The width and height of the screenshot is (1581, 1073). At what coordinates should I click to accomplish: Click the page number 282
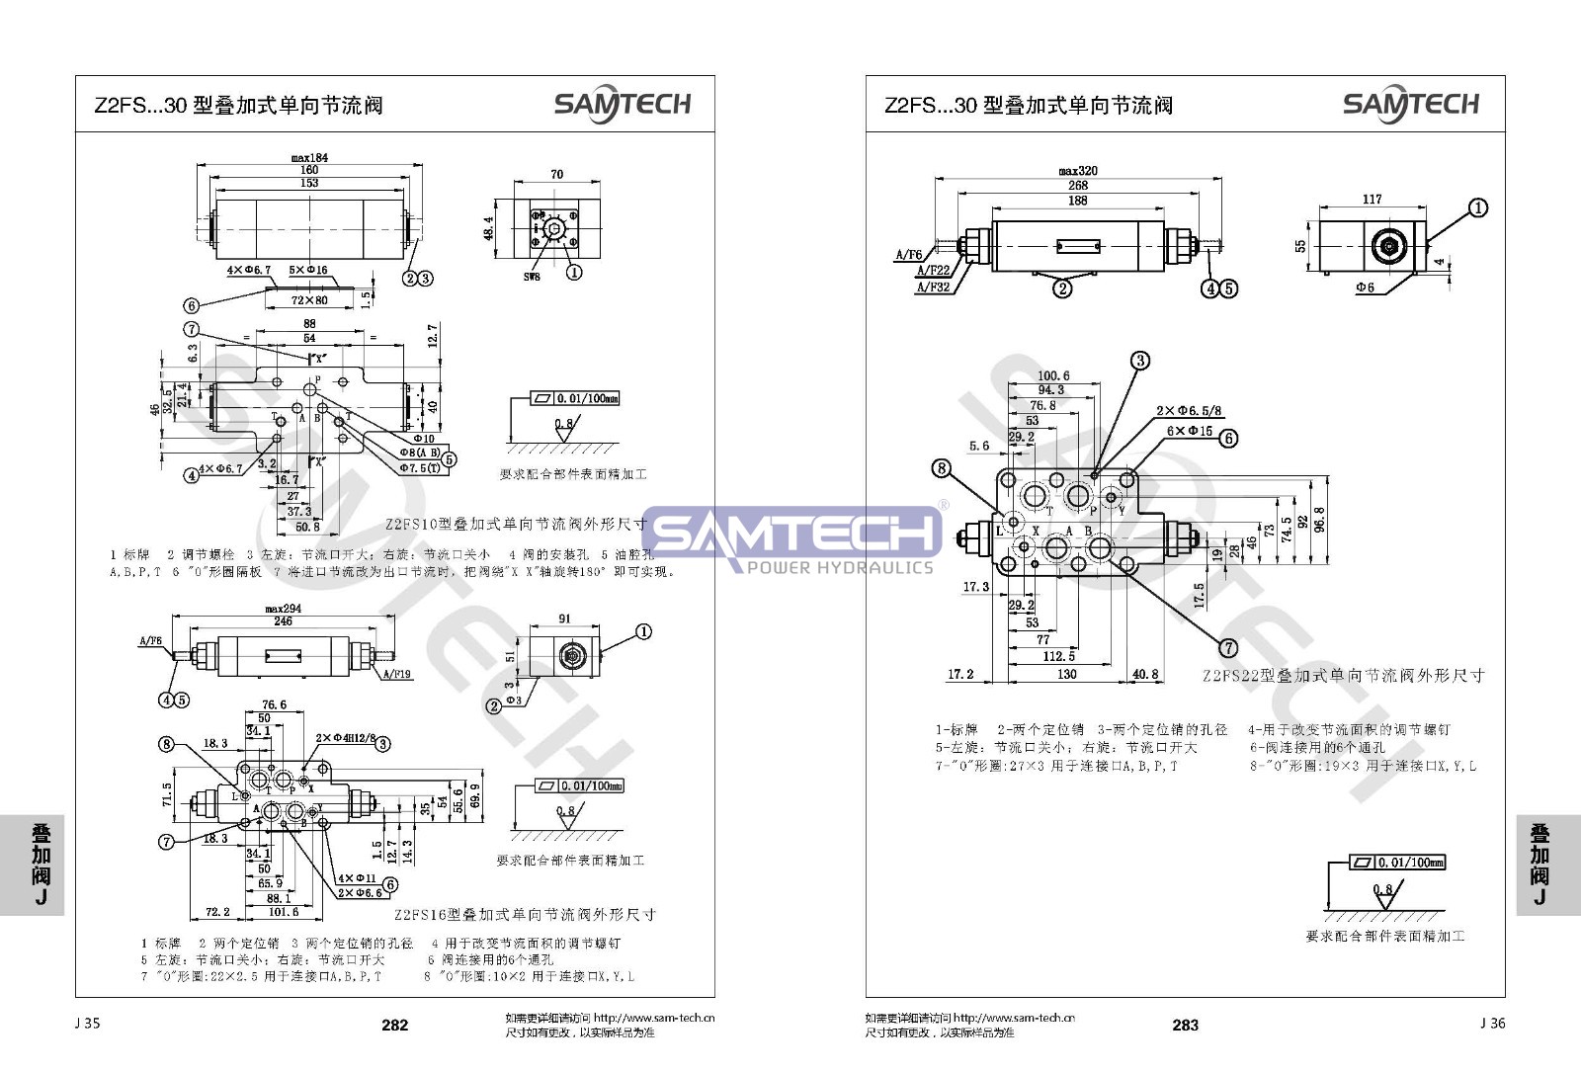394,1025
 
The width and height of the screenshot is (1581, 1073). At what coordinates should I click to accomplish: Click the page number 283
1185,1025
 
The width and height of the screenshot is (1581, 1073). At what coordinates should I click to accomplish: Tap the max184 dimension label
309,157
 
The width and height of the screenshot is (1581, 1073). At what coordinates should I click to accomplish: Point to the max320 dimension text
1078,171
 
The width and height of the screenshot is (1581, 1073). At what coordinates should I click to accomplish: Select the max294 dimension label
283,609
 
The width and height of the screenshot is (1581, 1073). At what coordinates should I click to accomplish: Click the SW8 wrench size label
532,278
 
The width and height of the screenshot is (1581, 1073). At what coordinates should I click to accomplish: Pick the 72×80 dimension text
309,299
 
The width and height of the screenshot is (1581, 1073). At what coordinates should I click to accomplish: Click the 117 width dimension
1373,199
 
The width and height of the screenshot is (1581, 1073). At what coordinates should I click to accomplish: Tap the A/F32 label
933,288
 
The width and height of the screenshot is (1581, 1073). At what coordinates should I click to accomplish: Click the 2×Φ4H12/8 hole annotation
342,738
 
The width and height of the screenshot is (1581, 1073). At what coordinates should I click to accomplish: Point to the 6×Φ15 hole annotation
1189,431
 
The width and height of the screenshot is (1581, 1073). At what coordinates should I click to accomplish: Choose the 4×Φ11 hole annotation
357,877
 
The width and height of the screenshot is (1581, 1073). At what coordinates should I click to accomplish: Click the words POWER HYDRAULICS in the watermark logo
839,567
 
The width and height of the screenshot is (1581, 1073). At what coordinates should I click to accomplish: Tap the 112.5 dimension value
1058,656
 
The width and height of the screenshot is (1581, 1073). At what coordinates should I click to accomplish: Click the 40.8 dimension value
1144,674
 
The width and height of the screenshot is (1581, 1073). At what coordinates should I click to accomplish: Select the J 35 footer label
87,1023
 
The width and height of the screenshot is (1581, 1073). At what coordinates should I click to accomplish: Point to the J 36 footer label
1492,1023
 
